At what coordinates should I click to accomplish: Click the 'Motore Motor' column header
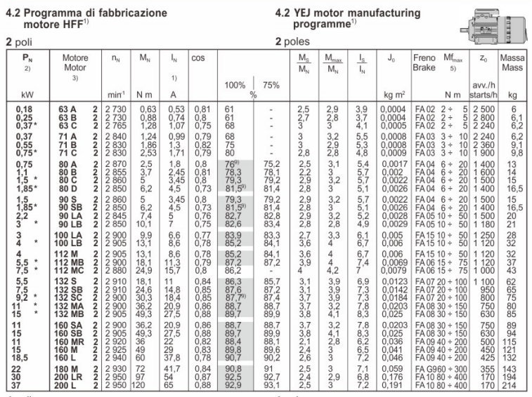coord(74,64)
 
